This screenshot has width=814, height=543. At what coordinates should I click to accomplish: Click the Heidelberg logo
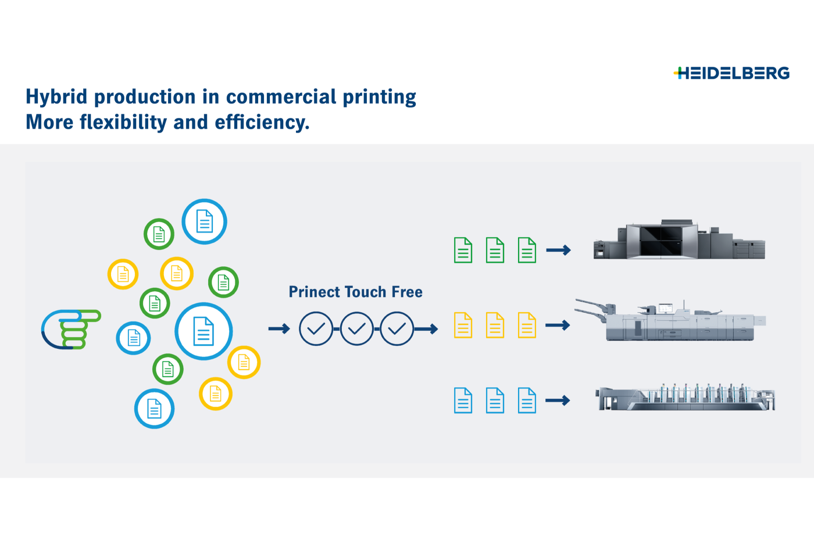click(x=731, y=73)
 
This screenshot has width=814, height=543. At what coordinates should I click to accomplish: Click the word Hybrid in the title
click(x=56, y=97)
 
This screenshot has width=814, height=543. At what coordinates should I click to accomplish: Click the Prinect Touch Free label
click(x=355, y=292)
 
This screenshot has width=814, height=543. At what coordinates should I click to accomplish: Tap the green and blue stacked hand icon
click(x=70, y=329)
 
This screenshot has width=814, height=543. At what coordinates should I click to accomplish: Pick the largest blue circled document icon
click(x=203, y=331)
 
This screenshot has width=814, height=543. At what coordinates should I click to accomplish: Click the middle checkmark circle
click(x=356, y=329)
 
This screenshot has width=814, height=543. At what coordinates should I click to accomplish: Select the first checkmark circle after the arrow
click(x=316, y=329)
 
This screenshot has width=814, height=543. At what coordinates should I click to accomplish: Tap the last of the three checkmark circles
click(x=397, y=329)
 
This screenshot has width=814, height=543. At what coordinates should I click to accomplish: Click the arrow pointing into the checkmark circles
click(x=279, y=329)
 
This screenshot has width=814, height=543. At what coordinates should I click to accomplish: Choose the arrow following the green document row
click(x=558, y=250)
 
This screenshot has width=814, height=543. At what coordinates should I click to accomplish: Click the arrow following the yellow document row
click(x=558, y=325)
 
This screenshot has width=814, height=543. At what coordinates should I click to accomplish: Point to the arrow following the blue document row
click(x=558, y=401)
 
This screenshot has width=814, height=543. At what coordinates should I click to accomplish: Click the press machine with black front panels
click(x=679, y=240)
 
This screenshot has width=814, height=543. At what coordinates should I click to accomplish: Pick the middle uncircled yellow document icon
click(x=495, y=325)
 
